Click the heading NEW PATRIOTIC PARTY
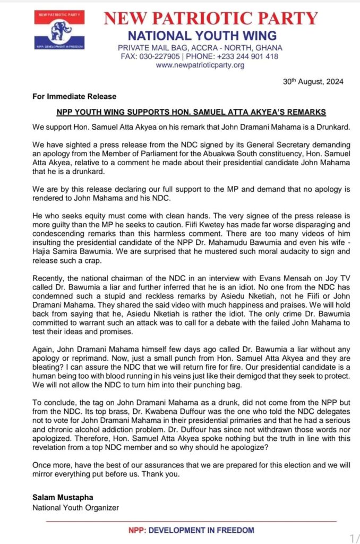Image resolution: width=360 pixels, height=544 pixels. [x=211, y=19]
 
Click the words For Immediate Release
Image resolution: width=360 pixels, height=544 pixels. [x=66, y=97]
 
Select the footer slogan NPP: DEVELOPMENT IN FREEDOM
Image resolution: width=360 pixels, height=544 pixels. [x=191, y=530]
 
